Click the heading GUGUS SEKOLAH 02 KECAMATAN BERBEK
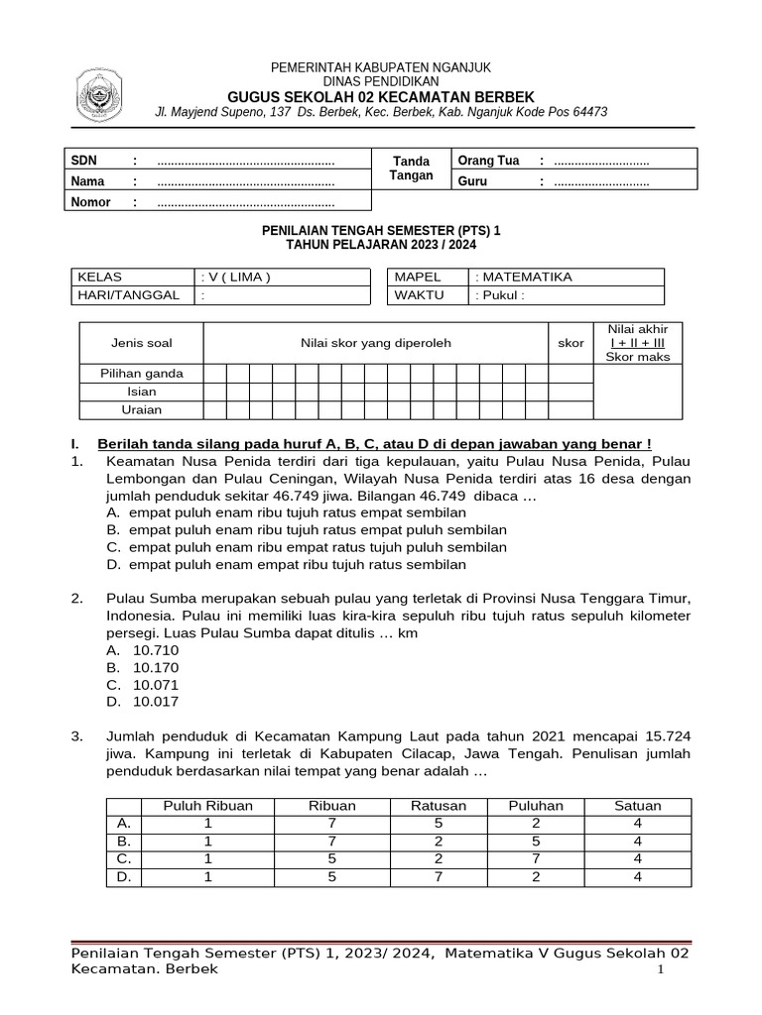(x=381, y=96)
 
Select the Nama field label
(x=87, y=181)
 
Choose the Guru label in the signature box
(x=472, y=181)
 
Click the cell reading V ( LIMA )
(x=236, y=278)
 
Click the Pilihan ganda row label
(x=141, y=374)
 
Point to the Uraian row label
(x=141, y=409)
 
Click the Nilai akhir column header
(x=638, y=343)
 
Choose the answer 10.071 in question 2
(x=156, y=684)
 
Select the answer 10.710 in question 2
(x=156, y=650)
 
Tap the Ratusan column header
(x=439, y=806)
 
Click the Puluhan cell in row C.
(x=536, y=858)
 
